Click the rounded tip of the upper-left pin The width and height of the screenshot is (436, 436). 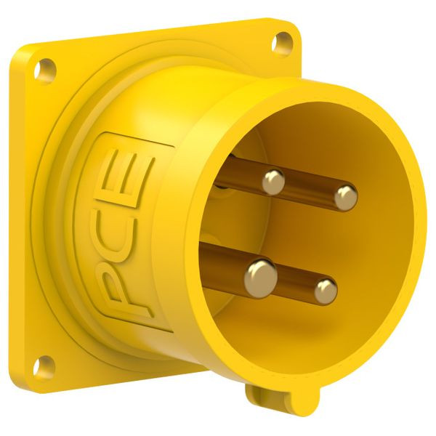tap(274, 182)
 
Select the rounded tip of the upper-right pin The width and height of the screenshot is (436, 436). tap(346, 198)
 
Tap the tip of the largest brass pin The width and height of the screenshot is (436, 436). tap(261, 275)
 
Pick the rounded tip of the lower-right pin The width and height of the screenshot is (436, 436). tap(326, 291)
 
